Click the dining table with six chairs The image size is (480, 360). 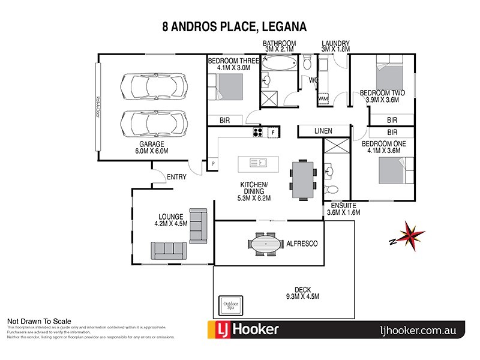(302, 178)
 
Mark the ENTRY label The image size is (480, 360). (176, 177)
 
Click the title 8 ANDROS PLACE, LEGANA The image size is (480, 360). (235, 26)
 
